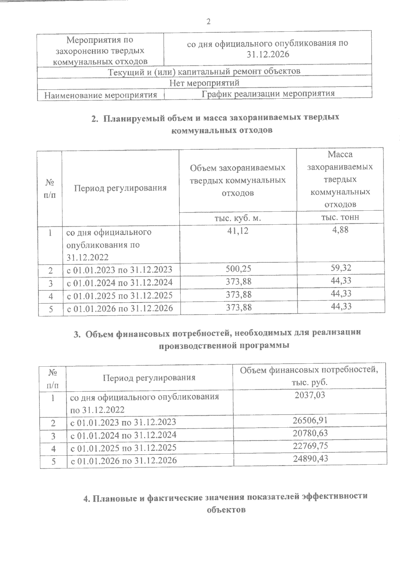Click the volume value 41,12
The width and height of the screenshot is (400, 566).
pos(238,230)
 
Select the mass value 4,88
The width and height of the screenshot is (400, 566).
pos(340,229)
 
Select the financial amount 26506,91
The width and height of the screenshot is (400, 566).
pos(310,420)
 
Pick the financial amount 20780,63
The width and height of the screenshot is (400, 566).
pos(310,433)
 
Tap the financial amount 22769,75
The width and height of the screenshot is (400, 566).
pos(310,446)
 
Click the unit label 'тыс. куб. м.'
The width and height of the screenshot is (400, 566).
pos(237,218)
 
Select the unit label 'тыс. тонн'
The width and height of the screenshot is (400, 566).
pos(340,217)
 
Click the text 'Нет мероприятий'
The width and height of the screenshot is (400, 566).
pos(205,82)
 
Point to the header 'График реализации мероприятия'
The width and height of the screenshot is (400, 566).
pos(268,94)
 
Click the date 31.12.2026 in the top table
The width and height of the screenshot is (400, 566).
pos(268,54)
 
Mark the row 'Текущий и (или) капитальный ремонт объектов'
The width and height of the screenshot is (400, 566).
pos(205,71)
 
